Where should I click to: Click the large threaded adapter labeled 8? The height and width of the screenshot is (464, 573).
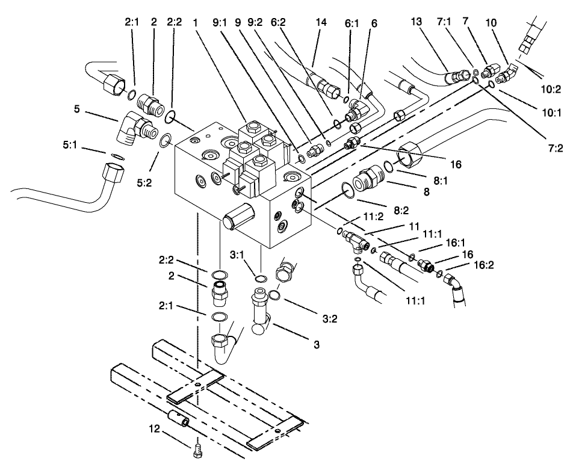[368, 179]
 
